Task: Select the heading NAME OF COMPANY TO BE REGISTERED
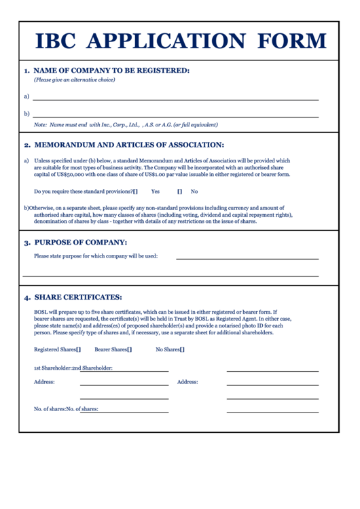pos(111,70)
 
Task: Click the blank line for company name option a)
pos(175,99)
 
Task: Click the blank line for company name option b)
pos(175,116)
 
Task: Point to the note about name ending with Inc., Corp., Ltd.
pos(126,125)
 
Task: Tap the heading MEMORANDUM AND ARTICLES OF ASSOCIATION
pos(129,145)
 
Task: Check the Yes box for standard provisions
pos(136,192)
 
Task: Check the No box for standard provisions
pos(180,192)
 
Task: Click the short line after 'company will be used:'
pos(247,258)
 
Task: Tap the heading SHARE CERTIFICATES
pos(78,297)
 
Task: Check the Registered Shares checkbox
pos(79,350)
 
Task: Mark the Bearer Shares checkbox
pos(130,350)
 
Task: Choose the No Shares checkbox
pos(182,350)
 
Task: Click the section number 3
pos(26,243)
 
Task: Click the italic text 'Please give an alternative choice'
pos(75,80)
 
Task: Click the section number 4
pos(26,298)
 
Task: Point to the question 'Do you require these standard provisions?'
pos(83,192)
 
